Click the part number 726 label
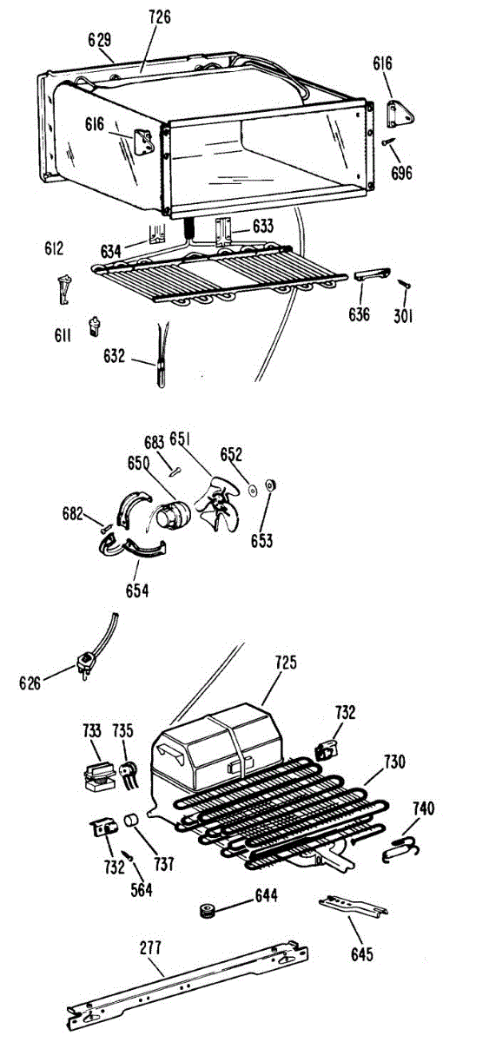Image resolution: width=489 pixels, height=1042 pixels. pos(160,17)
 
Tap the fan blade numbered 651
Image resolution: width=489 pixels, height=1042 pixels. pos(218,504)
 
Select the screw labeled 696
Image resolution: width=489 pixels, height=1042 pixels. pos(388,141)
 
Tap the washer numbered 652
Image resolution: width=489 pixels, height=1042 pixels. pos(253,491)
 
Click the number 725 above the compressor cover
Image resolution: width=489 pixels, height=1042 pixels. pos(285,663)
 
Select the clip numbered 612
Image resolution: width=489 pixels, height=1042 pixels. pos(64,289)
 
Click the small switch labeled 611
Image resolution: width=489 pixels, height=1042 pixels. pos(96,326)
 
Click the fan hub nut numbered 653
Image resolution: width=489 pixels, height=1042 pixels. pos(270,485)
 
